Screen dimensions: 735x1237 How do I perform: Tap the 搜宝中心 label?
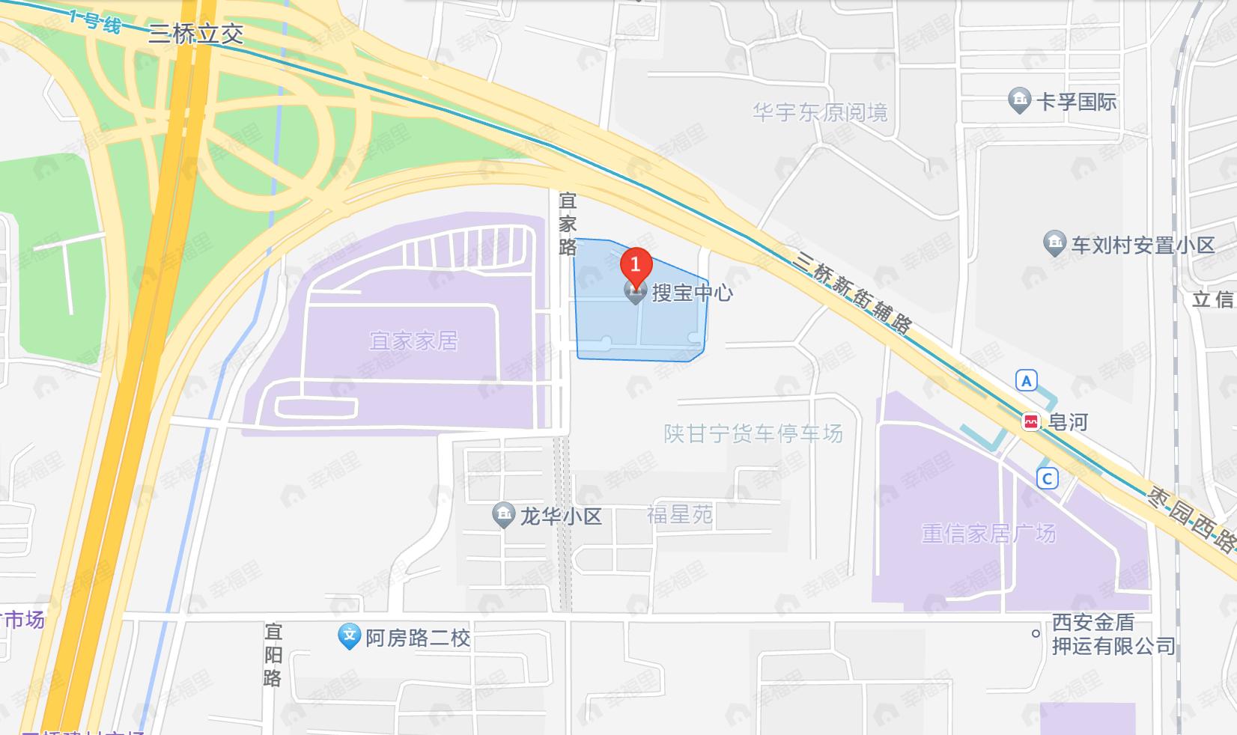[692, 293]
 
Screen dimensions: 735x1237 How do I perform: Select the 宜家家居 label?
[413, 341]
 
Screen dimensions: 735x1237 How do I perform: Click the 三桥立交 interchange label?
[195, 34]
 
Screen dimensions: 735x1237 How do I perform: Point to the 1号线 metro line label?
[94, 21]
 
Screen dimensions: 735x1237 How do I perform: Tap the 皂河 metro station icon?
[1031, 422]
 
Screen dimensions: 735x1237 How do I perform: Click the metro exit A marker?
[1026, 381]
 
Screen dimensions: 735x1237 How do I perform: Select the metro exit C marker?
[1047, 478]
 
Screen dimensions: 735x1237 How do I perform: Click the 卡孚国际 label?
[1076, 101]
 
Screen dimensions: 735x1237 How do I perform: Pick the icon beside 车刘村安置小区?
[1054, 244]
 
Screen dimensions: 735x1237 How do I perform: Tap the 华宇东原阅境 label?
[820, 113]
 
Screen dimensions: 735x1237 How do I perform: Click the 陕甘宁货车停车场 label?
[753, 433]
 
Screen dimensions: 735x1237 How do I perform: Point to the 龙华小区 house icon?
[503, 515]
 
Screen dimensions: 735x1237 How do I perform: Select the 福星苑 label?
[679, 515]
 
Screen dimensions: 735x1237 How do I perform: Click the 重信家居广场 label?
[988, 533]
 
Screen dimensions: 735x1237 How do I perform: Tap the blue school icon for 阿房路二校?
[349, 637]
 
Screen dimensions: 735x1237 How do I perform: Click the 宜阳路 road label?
[273, 655]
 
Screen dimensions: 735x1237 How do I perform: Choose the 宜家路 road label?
[568, 224]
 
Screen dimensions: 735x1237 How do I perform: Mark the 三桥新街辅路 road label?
[854, 293]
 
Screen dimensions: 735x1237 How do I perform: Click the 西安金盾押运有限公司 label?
[1113, 634]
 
